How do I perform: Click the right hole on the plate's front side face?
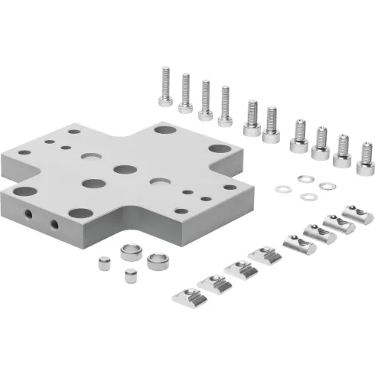54,224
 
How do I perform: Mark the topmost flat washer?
305,179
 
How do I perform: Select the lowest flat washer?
308,197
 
